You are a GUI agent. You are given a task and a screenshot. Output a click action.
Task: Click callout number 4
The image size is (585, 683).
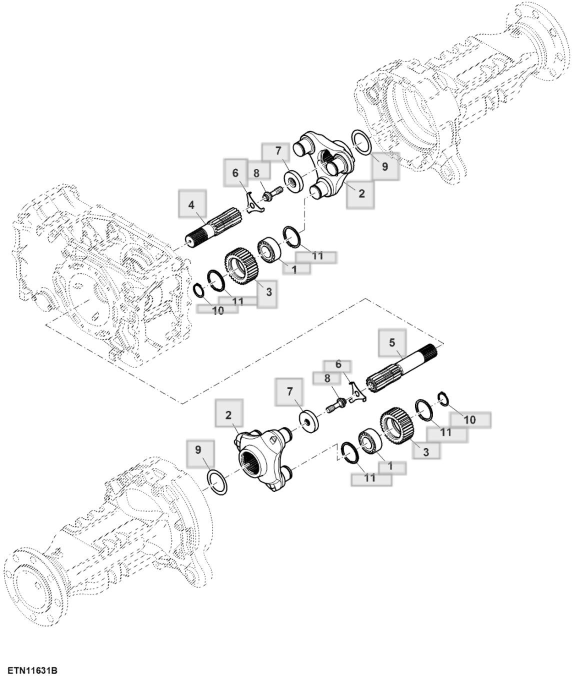click(x=192, y=205)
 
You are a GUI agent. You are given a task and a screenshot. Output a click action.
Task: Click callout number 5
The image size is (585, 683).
click(x=392, y=342)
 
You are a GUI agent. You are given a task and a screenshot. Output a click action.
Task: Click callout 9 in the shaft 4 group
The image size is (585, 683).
click(x=384, y=166)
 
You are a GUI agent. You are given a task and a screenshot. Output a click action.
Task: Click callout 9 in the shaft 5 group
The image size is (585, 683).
click(x=198, y=449)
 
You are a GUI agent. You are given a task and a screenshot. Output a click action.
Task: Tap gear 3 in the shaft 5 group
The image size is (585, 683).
click(x=395, y=423)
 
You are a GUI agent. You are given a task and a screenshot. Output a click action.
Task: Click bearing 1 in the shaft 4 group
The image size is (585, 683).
click(x=269, y=250)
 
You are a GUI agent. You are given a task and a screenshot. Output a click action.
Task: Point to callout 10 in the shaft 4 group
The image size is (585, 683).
click(x=218, y=310)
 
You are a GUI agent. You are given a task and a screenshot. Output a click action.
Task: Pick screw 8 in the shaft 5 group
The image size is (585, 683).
click(x=336, y=406)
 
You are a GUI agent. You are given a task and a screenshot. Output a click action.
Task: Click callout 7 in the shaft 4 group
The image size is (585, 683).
click(x=278, y=150)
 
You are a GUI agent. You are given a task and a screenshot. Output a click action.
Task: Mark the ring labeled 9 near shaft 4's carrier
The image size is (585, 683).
click(x=361, y=142)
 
